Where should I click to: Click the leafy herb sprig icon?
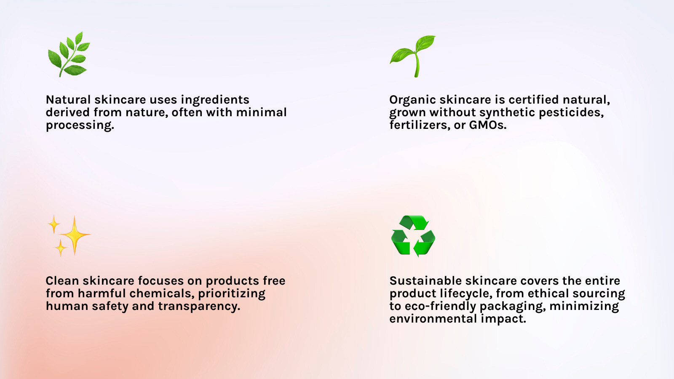pyautogui.click(x=69, y=54)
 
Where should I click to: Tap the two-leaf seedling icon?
pyautogui.click(x=412, y=56)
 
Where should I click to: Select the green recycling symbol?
pyautogui.click(x=413, y=236)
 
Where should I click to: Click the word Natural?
pyautogui.click(x=68, y=99)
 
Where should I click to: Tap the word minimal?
pyautogui.click(x=261, y=112)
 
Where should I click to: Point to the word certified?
pyautogui.click(x=534, y=99)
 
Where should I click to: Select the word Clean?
pyautogui.click(x=62, y=280)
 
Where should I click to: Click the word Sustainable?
pyautogui.click(x=425, y=280)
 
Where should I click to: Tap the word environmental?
pyautogui.click(x=433, y=318)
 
